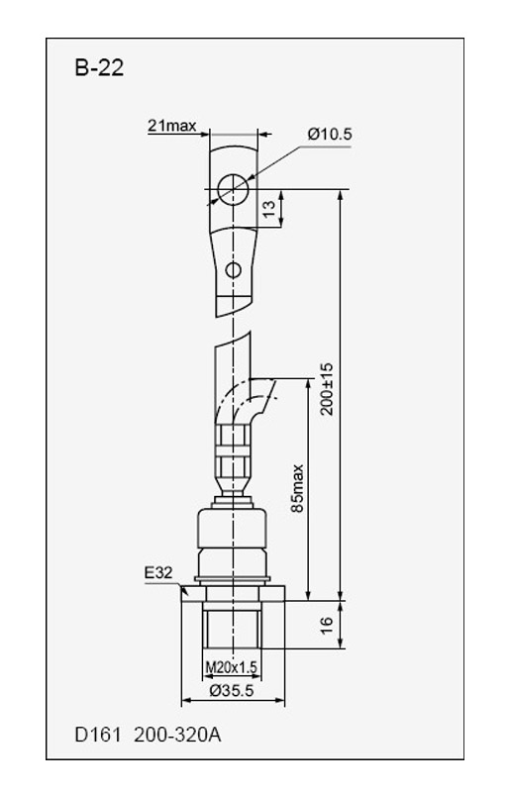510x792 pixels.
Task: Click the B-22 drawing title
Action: point(99,68)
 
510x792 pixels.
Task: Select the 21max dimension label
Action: point(172,126)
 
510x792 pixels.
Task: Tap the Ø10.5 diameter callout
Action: point(330,135)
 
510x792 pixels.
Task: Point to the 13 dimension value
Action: point(270,208)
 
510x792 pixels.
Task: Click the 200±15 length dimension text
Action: point(327,388)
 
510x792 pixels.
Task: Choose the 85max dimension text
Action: point(297,488)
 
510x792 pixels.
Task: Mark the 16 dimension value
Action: point(327,625)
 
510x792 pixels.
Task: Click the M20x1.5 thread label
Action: point(232,667)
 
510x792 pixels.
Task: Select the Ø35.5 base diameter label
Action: point(232,690)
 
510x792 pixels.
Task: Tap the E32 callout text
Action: point(158,573)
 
